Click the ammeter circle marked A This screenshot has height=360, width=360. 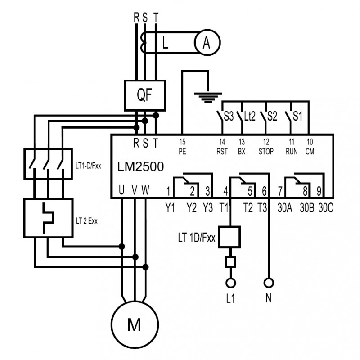[x=207, y=42]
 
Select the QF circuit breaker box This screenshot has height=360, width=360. [x=145, y=95]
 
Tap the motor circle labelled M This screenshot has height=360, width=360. [x=135, y=324]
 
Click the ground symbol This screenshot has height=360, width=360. [x=208, y=98]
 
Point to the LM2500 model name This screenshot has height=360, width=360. [x=140, y=166]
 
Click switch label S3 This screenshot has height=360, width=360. [x=229, y=116]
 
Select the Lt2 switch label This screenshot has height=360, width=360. [x=250, y=116]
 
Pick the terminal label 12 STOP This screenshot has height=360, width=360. [x=266, y=147]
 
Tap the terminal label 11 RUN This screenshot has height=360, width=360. [x=292, y=147]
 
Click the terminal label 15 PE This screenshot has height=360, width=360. [x=182, y=147]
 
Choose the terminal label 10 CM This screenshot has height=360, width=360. [x=310, y=147]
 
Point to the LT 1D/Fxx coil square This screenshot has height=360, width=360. [x=229, y=237]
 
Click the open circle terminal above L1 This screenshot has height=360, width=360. [x=231, y=283]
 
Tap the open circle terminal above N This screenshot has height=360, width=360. [x=269, y=283]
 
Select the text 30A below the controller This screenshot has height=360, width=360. [x=285, y=208]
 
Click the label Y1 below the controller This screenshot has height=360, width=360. [x=170, y=208]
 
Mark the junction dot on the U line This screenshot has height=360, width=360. [x=121, y=247]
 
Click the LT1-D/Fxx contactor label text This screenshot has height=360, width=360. [x=88, y=166]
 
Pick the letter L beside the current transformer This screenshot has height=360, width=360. [x=165, y=43]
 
